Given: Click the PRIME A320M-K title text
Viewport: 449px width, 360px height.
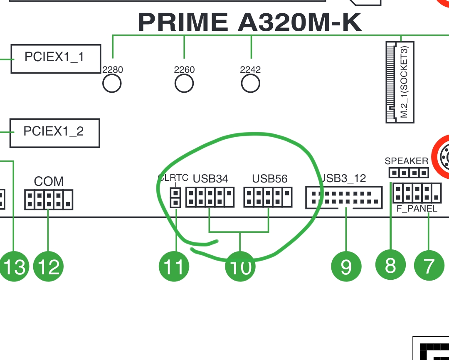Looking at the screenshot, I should [x=249, y=22].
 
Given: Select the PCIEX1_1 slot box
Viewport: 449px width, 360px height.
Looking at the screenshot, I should [x=56, y=59].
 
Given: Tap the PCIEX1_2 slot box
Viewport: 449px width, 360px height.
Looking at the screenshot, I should [x=54, y=133].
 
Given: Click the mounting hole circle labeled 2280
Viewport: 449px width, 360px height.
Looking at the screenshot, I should [x=112, y=84].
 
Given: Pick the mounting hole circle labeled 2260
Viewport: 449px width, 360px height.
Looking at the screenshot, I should [x=184, y=84].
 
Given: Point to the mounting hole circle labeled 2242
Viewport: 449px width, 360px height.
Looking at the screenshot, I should [x=250, y=84].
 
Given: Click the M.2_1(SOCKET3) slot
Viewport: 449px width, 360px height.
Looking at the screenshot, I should [x=400, y=82].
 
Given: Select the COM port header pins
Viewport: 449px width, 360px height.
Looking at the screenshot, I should [x=49, y=200].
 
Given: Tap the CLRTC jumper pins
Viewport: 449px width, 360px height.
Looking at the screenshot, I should [x=175, y=197].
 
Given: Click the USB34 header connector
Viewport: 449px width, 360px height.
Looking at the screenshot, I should [x=210, y=197].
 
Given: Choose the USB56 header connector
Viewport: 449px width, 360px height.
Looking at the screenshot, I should [x=268, y=197].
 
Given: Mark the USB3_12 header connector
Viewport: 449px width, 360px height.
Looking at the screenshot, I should [x=344, y=197].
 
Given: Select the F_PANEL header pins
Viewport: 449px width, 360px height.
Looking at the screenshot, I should [x=417, y=193].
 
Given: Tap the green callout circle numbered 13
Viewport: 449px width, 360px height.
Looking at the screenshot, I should [x=14, y=266].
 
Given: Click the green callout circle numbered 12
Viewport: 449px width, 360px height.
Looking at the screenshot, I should [x=48, y=266].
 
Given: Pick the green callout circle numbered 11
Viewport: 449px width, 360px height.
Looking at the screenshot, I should [x=174, y=266].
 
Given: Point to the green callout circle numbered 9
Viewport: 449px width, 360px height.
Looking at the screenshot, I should [x=346, y=266].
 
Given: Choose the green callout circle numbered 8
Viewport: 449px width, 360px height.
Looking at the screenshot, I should [x=390, y=265].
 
